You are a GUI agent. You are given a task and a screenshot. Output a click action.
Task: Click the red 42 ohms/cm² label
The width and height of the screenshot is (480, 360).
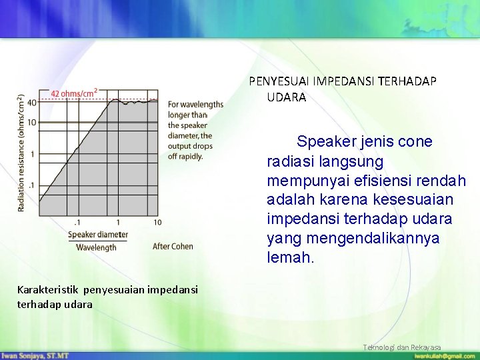tap(74, 93)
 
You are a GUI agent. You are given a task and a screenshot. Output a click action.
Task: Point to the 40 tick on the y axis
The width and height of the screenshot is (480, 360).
tap(31, 102)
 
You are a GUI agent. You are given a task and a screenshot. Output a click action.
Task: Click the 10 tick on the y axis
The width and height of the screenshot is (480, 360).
tap(31, 123)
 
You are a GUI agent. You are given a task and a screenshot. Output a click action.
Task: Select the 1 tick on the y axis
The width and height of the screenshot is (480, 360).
tap(33, 154)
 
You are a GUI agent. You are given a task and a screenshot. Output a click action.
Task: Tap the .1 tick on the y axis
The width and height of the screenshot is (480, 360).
tap(32, 185)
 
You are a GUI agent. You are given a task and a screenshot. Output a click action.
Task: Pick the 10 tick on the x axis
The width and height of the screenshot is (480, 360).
tap(157, 222)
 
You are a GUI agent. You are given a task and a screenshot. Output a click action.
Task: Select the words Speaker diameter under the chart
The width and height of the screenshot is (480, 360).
tap(97, 235)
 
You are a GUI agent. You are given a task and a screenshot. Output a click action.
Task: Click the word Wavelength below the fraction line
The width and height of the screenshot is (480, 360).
tap(96, 247)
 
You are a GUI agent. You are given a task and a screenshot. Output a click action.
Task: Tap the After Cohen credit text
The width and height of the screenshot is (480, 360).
tap(173, 247)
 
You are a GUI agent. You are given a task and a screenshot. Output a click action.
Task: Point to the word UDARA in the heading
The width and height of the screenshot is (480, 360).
tap(287, 97)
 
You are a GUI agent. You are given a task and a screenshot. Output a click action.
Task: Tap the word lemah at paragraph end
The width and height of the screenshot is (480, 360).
tap(290, 257)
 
